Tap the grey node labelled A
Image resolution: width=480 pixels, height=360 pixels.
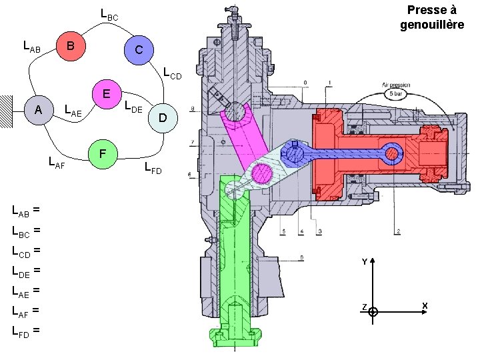(x=39, y=109)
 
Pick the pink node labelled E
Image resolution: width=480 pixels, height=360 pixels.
(x=106, y=93)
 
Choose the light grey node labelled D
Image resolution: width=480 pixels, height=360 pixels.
(x=162, y=119)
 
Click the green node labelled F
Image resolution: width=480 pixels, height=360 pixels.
(x=102, y=154)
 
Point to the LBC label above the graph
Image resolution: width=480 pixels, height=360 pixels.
(x=109, y=14)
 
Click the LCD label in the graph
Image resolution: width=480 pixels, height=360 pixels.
(x=171, y=73)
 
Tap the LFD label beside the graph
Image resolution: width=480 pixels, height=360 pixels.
(x=153, y=168)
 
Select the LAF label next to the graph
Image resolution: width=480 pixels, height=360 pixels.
(x=57, y=161)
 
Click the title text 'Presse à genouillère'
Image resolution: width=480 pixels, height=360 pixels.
(x=431, y=17)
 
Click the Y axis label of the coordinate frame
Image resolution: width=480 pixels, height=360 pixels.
(x=364, y=262)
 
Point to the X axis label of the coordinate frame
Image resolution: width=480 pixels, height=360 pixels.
(x=424, y=306)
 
